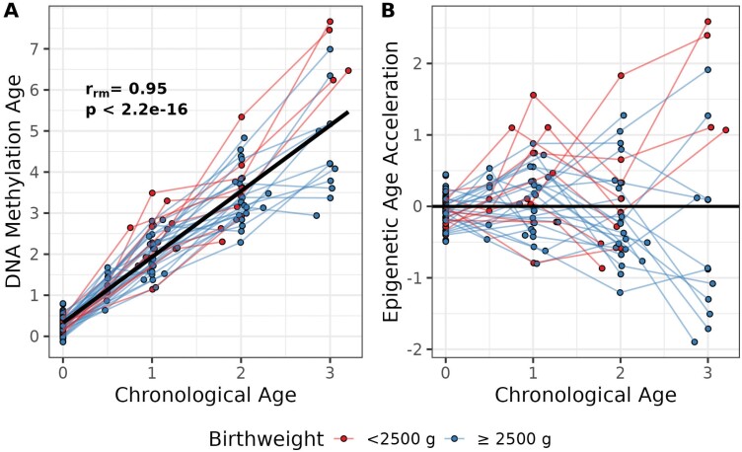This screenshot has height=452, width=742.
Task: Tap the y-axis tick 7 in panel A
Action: pos(36,48)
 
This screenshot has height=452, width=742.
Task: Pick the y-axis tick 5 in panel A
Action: pos(36,130)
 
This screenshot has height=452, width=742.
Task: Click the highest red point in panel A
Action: pos(331,22)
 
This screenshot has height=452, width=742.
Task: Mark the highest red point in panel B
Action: pos(708,22)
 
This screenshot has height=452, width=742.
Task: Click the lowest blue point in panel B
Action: pos(695,341)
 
